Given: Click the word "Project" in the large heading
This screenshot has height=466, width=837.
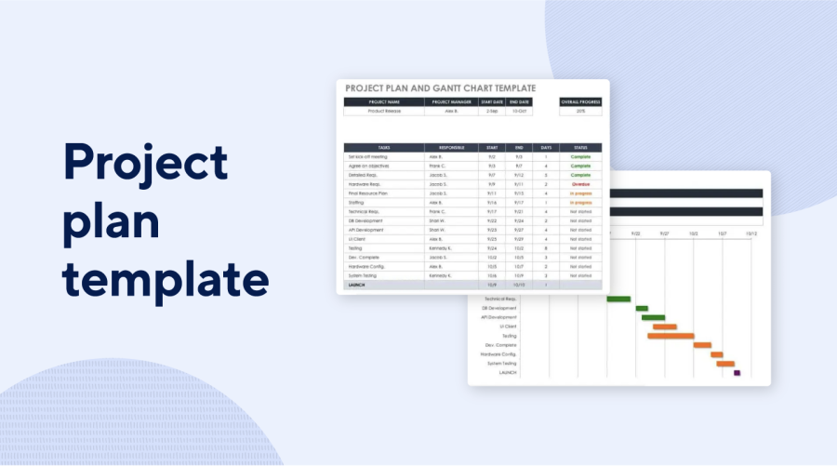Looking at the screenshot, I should [145, 164].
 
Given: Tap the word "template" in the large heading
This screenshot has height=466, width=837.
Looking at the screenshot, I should [166, 280].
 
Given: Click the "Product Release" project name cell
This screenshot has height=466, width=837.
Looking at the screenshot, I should [384, 111].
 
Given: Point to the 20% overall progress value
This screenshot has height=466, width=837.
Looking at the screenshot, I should [580, 111].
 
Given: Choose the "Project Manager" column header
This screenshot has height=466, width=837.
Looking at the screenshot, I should [451, 101].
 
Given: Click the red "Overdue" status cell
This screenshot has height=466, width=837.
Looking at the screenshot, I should [580, 184].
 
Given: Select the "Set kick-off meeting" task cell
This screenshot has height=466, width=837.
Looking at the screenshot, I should [384, 157].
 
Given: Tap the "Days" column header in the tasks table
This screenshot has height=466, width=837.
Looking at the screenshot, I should [546, 147].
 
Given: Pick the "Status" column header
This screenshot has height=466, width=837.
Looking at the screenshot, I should [580, 147].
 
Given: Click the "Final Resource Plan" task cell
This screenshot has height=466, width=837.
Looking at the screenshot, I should [384, 193].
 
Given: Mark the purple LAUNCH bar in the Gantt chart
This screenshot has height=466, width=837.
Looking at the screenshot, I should [737, 372].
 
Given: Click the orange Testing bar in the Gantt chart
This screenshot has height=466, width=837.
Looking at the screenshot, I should [671, 336].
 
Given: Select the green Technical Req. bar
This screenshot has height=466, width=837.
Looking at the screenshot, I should [618, 299].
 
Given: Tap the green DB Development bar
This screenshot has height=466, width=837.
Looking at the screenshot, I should [642, 308].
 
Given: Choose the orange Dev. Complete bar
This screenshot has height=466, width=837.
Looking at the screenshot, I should [702, 344].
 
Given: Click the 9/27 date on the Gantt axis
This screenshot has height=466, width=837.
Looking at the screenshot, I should [664, 234].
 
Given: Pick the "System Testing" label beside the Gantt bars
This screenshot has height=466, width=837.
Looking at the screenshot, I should [501, 363].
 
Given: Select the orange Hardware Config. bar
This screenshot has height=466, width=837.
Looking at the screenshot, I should [717, 353].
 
